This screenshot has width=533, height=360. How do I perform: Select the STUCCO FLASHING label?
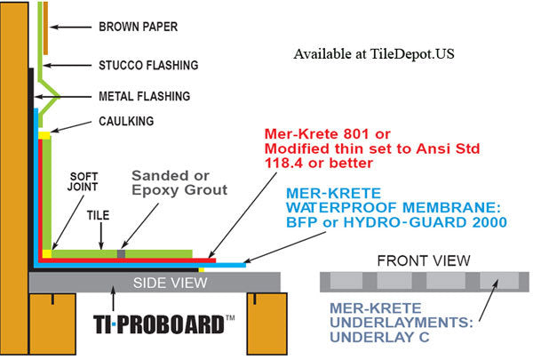coord(147,65)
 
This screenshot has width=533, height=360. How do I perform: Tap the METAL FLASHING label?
coord(143,95)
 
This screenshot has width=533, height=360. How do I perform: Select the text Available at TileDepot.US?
coord(372,53)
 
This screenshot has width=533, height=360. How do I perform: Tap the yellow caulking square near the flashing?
coord(43,134)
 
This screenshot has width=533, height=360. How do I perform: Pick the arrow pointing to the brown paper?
coord(77,28)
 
